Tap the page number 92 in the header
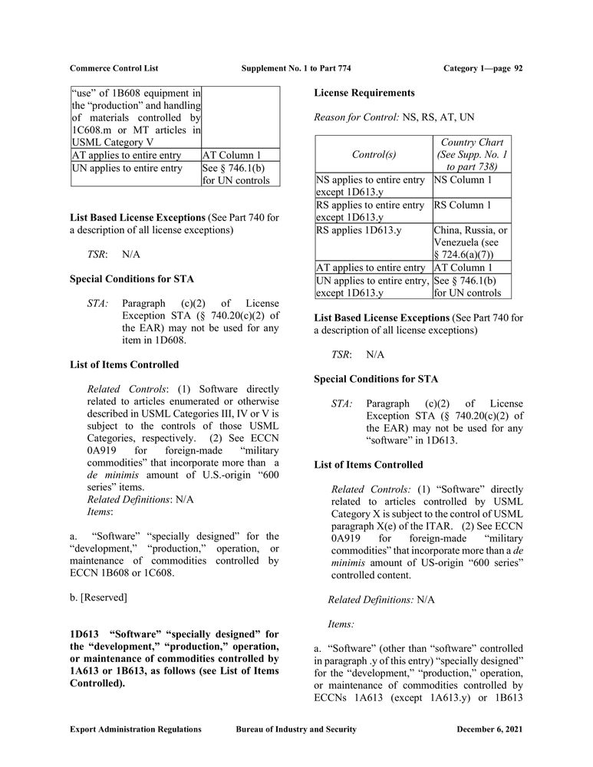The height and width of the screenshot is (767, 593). tap(519, 68)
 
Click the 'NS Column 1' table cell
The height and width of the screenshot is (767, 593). tap(463, 180)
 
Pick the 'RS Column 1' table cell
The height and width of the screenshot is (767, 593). tap(463, 206)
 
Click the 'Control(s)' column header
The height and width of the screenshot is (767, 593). tap(374, 154)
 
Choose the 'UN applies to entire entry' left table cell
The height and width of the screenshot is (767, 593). tap(127, 168)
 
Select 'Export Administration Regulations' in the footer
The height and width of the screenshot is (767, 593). tap(135, 729)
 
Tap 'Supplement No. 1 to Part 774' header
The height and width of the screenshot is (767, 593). tap(296, 68)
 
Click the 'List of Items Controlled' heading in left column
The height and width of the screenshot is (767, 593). tap(124, 364)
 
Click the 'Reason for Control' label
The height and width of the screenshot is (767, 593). tap(356, 118)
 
